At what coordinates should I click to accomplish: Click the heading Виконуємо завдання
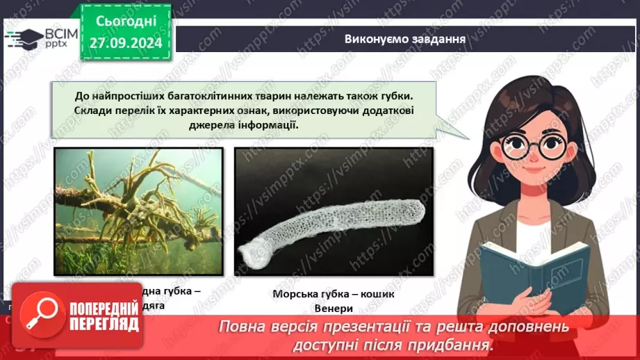pos(404,38)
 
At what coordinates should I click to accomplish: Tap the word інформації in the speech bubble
pos(262,124)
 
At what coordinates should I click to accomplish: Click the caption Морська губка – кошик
pos(333,294)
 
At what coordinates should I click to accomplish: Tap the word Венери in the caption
pos(333,309)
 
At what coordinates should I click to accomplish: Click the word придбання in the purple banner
pos(454,344)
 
